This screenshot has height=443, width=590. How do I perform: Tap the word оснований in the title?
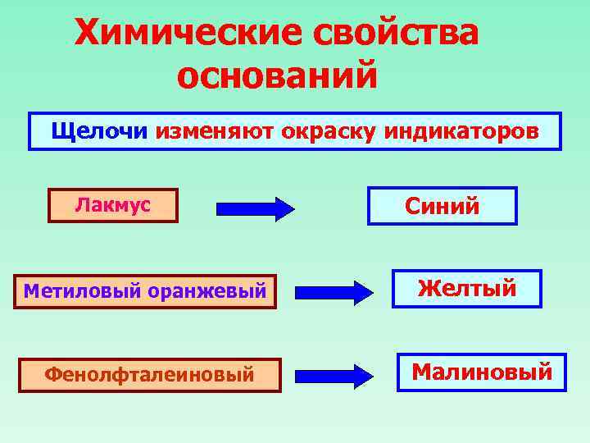pos(277,76)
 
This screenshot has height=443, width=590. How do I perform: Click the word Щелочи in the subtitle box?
pos(99,131)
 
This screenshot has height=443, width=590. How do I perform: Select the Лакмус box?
pos(113,205)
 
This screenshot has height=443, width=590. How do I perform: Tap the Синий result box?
pos(442,206)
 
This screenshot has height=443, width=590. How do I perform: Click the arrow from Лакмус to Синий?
pos(255,208)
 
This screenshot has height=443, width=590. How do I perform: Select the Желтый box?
pos(466,289)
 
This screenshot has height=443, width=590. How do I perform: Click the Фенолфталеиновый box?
pos(149,375)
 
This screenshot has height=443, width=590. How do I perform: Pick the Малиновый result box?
pos(482,372)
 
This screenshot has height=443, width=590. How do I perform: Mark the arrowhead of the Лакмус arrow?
pos(284,208)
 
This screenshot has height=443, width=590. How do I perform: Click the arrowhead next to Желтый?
pos(362,291)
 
